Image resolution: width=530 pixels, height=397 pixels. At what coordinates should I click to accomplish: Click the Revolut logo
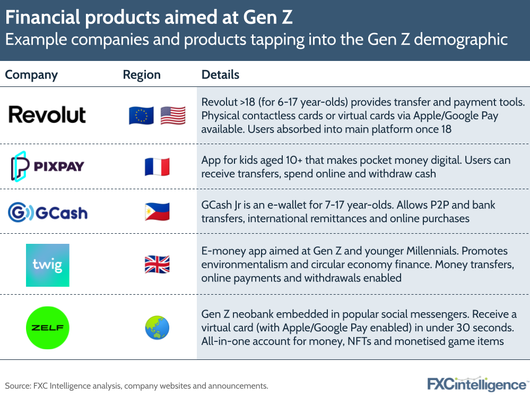[47, 115]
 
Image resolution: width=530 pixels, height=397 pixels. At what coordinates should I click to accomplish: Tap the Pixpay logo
[48, 166]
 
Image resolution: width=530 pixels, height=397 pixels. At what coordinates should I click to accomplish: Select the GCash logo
[48, 213]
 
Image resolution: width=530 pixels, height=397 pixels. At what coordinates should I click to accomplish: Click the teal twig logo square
[48, 265]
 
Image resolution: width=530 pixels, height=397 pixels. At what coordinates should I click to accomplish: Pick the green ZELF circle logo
[48, 328]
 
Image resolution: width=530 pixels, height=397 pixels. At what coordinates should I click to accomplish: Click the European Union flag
[141, 116]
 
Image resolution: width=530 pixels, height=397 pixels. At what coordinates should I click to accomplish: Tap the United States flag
[172, 116]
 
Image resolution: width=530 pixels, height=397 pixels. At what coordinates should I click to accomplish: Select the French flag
[157, 167]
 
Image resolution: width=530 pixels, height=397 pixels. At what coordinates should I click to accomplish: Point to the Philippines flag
[157, 212]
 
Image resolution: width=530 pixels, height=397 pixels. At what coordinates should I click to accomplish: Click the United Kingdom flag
[157, 264]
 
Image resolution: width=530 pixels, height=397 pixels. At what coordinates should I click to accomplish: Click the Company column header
[31, 75]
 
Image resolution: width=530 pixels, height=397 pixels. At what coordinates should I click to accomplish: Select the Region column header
[142, 75]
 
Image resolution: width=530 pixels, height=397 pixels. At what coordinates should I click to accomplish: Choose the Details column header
[220, 75]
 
